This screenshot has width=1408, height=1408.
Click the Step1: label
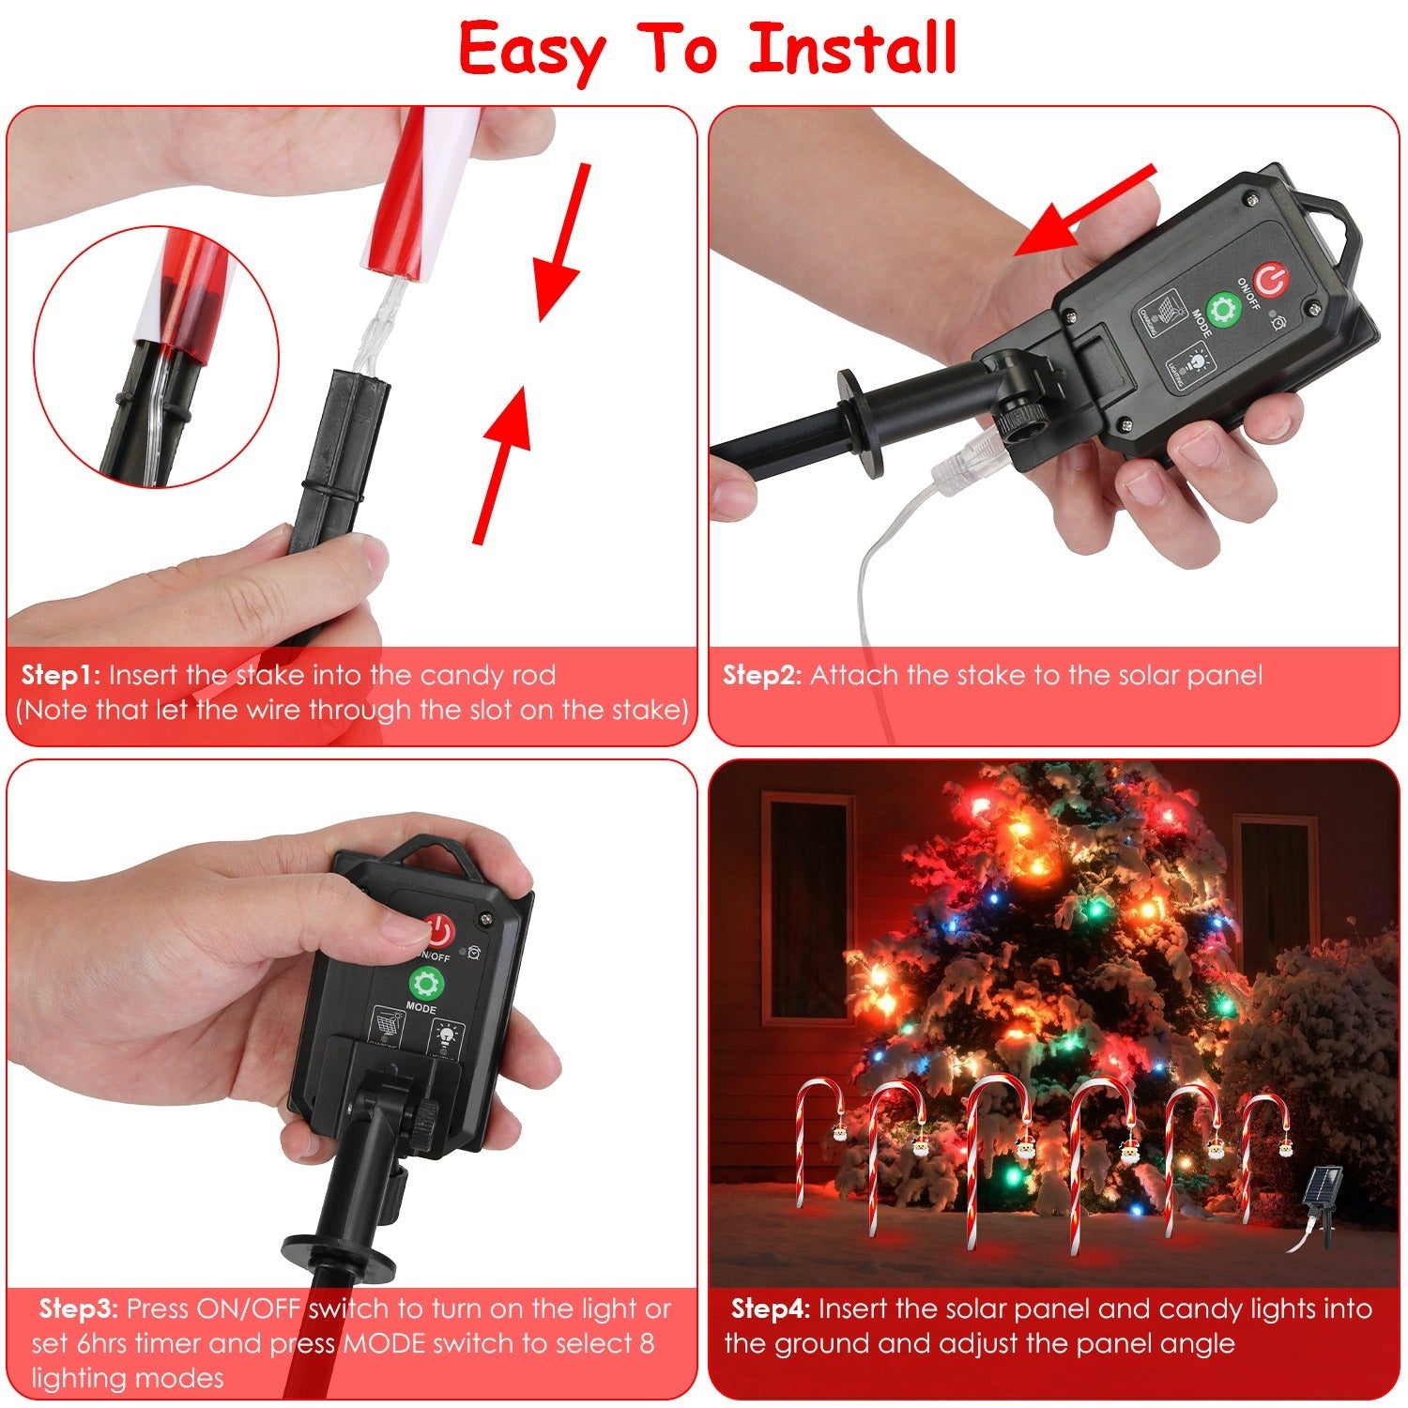[62, 675]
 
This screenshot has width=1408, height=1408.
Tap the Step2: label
[761, 675]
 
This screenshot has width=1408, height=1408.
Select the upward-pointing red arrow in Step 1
[502, 465]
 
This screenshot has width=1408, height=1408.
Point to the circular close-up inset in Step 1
[157, 357]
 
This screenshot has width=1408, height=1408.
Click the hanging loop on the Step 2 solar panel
[1332, 221]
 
